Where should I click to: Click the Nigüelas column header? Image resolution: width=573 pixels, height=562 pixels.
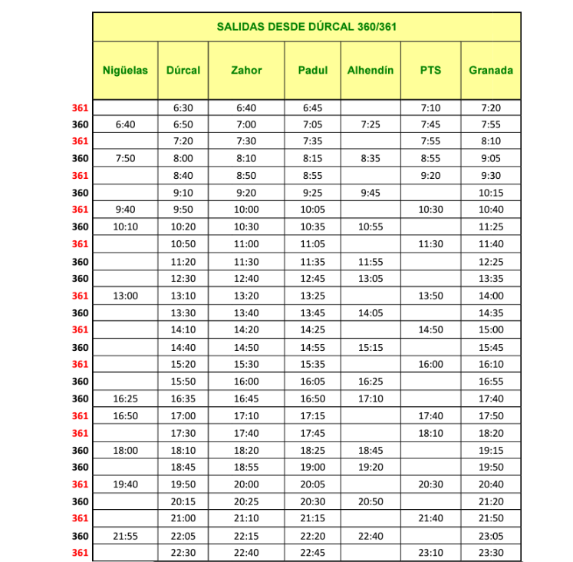click(125, 70)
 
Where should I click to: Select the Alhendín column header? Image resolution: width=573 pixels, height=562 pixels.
click(370, 70)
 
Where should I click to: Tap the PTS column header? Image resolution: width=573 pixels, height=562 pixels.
click(430, 70)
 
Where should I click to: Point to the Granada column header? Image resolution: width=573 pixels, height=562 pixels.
click(491, 70)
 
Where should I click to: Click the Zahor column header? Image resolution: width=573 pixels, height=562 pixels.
click(246, 70)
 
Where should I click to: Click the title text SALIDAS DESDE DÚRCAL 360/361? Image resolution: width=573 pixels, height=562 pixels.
click(307, 26)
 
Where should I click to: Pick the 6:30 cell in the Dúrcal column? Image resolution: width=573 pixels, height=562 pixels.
click(183, 108)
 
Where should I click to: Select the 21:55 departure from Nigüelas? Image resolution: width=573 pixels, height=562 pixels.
click(125, 536)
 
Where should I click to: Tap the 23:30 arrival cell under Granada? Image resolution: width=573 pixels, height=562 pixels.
click(491, 553)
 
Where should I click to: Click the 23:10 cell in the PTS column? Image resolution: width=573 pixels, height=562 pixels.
click(430, 553)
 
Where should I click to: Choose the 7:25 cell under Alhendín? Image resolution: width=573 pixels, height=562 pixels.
click(370, 124)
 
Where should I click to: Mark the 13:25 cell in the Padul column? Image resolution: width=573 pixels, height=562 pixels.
click(313, 296)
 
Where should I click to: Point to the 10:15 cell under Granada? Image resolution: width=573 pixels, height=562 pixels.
click(491, 193)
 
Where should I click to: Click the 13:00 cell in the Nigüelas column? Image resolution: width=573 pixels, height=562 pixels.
click(125, 296)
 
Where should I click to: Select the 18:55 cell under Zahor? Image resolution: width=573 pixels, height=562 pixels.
click(246, 467)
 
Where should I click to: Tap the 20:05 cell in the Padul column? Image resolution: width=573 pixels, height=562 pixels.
click(313, 484)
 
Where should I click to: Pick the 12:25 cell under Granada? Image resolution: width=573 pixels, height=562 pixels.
click(491, 262)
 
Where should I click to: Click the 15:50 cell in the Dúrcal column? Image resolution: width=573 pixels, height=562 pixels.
click(183, 382)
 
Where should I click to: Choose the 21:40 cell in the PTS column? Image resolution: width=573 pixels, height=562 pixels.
click(430, 518)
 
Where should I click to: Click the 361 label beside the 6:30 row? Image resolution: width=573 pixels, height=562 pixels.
click(80, 108)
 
